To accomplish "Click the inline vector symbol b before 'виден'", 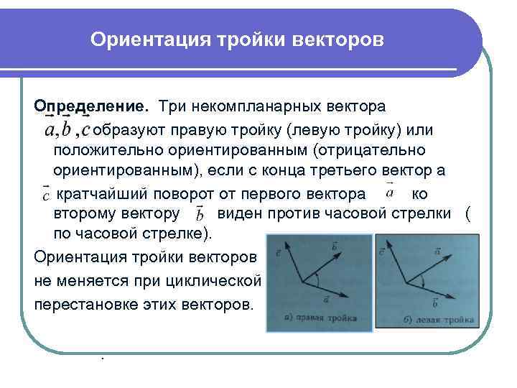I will point(200,213).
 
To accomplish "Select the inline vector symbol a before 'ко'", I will point(389,192).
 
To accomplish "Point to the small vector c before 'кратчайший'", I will point(45,194).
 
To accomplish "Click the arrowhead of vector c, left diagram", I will point(288,244).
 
